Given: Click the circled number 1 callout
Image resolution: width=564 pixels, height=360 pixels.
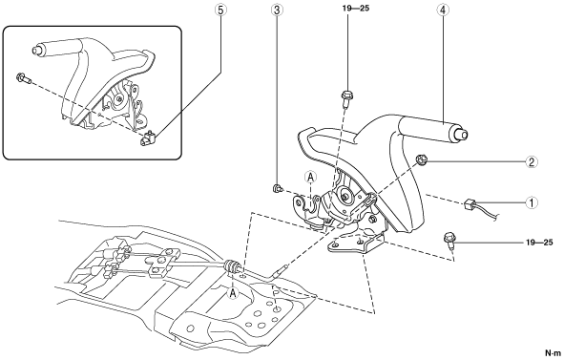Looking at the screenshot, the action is coord(532,202).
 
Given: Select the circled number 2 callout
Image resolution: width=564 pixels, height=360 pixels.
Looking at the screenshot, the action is coord(532,161).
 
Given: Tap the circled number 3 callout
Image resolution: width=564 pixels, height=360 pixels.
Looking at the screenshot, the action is coord(276,11).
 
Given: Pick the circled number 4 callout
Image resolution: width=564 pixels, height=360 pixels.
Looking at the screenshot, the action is coord(443,11).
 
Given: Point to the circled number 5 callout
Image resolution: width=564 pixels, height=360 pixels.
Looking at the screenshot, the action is coord(220,11).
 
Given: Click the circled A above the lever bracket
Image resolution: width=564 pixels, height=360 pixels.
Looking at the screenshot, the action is coord(310,177).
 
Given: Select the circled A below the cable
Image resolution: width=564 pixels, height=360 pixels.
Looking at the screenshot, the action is coord(233,293).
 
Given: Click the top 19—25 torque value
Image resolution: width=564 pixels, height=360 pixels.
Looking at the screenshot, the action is coord(356,8).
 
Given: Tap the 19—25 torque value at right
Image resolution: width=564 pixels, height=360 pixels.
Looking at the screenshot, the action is coord(539,243).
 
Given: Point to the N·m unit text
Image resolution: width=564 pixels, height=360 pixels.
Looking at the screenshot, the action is coord(553,352).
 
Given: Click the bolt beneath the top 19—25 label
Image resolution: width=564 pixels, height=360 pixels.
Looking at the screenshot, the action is coord(346,98).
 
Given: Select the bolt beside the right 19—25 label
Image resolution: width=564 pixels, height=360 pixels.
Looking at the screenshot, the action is coord(449,241).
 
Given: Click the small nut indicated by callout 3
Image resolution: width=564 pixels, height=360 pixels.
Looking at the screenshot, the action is coord(278,188).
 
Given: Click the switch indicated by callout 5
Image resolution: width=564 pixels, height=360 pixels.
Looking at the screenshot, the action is coord(147,138).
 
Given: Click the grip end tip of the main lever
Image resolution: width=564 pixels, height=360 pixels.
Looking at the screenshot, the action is coord(463,135).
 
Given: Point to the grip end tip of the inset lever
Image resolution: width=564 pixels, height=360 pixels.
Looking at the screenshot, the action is coord(36,50).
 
